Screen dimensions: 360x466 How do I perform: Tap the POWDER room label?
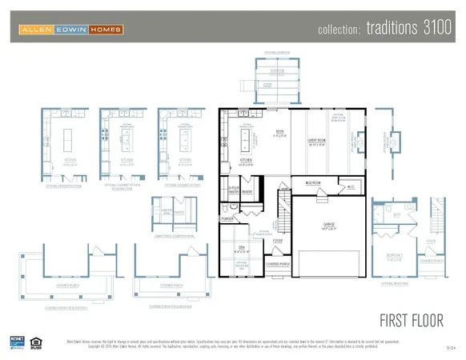tap(227, 218)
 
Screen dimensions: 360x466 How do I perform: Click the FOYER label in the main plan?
tap(277, 239)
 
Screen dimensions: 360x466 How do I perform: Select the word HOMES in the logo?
tap(105, 30)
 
